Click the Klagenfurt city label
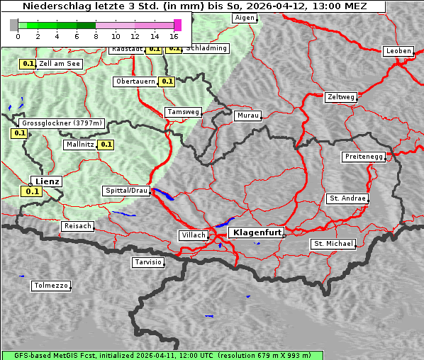pos(256,232)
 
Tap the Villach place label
pos(193,235)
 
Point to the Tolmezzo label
pos(50,286)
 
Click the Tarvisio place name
pos(148,262)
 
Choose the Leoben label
pos(398,51)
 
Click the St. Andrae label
pos(347,198)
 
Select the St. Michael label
pos(333,244)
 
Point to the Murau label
pos(248,115)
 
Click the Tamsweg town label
pos(183,112)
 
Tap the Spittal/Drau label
pos(126,191)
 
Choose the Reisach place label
pos(77,226)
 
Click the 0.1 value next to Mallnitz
pos(106,145)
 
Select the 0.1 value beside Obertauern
pos(167,81)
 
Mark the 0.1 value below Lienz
pos(30,191)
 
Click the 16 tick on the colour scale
pos(174,35)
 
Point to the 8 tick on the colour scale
pos(95,35)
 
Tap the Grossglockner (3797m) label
pos(62,123)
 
